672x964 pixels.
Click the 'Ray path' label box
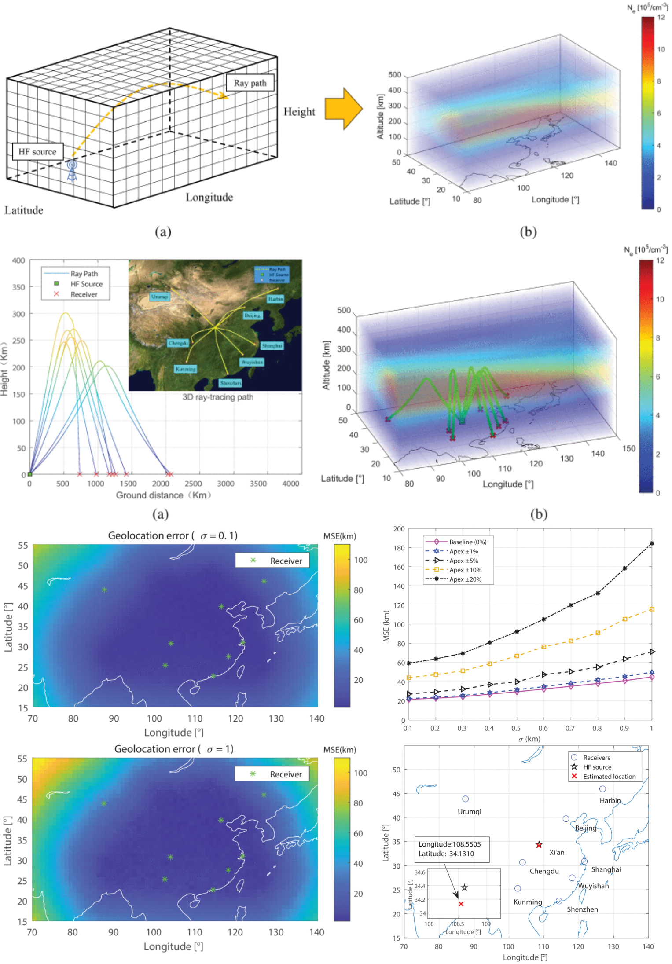(250, 83)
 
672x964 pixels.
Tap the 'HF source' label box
(37, 152)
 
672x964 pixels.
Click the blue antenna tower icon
(72, 171)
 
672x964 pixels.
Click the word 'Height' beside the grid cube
(299, 112)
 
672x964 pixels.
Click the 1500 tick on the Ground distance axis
(128, 484)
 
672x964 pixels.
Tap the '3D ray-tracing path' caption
(218, 397)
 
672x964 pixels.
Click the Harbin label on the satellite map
(275, 299)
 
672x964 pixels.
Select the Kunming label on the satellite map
(185, 369)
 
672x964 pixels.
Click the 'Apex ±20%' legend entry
(465, 579)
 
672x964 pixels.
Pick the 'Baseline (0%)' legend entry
(467, 542)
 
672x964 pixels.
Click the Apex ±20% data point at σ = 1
(652, 543)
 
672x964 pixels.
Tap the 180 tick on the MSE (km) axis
(399, 548)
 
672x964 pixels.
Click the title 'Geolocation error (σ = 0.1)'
(173, 535)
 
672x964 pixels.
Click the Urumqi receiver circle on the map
(465, 799)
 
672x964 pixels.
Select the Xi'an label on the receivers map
(557, 852)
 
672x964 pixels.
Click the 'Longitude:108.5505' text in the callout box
(449, 844)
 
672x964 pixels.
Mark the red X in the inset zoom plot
(461, 904)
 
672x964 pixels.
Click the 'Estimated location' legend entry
(609, 777)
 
